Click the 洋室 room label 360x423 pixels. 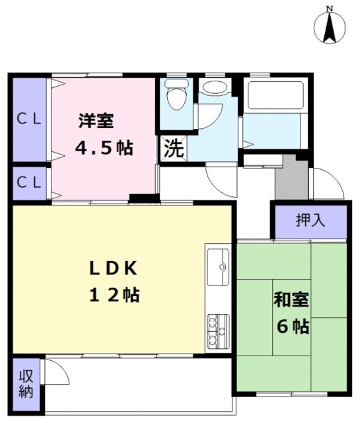click(96, 122)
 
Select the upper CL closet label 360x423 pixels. click(28, 119)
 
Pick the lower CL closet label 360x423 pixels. click(28, 181)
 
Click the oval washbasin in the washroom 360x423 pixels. click(213, 87)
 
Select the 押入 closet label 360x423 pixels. click(308, 220)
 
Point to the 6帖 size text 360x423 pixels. click(291, 326)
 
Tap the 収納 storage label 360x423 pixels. click(26, 383)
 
